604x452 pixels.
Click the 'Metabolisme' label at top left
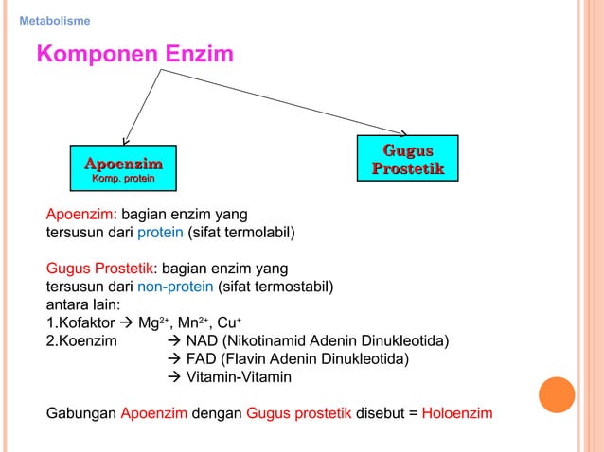(55, 21)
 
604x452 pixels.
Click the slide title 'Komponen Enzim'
(134, 55)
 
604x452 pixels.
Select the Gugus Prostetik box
(407, 159)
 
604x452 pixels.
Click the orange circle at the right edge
(557, 395)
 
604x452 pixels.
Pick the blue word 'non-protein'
(176, 287)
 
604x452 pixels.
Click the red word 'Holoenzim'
(457, 413)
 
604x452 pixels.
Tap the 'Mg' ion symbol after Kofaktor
(148, 322)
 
